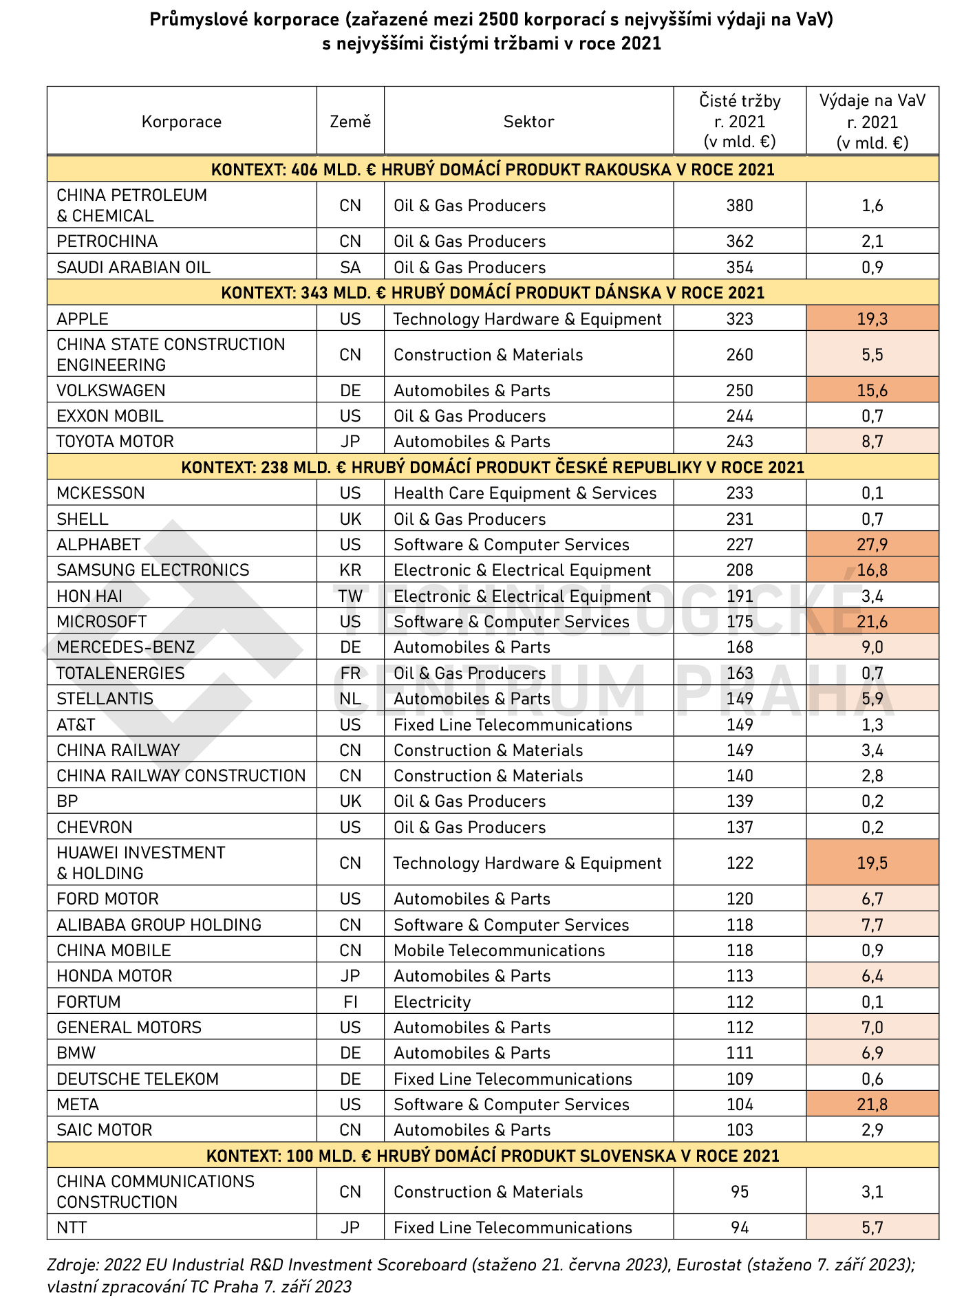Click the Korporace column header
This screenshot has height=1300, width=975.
(182, 122)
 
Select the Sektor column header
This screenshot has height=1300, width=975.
(528, 122)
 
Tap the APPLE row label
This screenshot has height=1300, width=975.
(83, 319)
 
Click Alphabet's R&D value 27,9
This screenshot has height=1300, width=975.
(872, 545)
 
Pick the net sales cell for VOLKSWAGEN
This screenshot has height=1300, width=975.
(740, 391)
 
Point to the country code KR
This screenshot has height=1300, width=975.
(350, 570)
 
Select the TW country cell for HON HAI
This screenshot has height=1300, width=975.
(350, 596)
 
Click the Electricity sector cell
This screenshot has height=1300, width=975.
(432, 1002)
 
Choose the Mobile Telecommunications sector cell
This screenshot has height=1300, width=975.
(499, 951)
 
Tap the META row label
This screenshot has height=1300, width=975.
(78, 1105)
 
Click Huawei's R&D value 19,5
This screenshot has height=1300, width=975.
(872, 863)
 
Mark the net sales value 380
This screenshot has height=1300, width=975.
(740, 206)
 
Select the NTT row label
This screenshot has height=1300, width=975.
(72, 1228)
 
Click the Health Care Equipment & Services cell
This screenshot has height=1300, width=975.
(525, 493)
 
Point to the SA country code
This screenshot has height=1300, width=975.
(350, 268)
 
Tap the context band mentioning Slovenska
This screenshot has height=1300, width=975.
(493, 1156)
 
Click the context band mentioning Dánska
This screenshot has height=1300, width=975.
(493, 293)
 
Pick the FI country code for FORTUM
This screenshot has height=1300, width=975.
(350, 1002)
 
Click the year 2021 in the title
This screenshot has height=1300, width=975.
(641, 44)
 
